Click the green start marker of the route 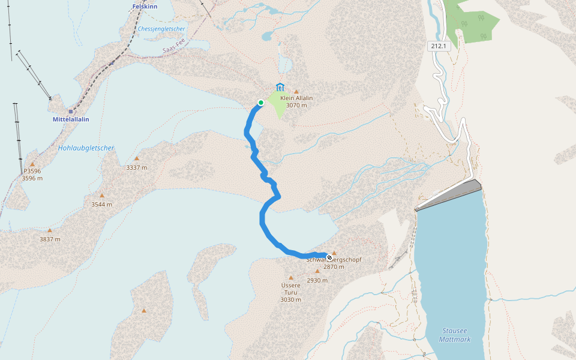tap(261, 103)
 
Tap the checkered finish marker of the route tap(329, 256)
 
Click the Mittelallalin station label tap(70, 119)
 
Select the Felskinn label tap(145, 7)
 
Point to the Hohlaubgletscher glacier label tap(86, 148)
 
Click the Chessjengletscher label tap(161, 29)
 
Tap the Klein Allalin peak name tap(296, 98)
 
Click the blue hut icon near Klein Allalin tap(280, 87)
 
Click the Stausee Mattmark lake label tap(455, 335)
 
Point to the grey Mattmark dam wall tap(449, 194)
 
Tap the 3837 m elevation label tap(50, 239)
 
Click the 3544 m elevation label tap(101, 205)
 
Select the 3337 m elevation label tap(136, 167)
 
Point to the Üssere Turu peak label tap(290, 289)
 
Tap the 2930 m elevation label tap(317, 280)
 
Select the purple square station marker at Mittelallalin tap(70, 112)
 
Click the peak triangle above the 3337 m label tap(136, 158)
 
